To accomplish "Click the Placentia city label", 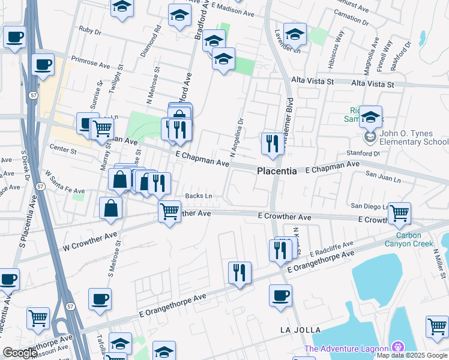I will [277, 171].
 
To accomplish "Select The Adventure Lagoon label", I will [346, 349].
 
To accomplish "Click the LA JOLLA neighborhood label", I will [301, 330].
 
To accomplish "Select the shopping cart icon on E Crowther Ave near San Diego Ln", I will [399, 213].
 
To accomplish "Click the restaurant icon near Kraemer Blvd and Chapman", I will [272, 143].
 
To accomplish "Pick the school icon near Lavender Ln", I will [295, 34].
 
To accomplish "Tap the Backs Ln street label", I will [199, 196].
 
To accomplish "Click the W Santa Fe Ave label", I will [64, 185].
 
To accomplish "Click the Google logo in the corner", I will [20, 353].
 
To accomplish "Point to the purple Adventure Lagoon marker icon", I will [397, 347].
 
